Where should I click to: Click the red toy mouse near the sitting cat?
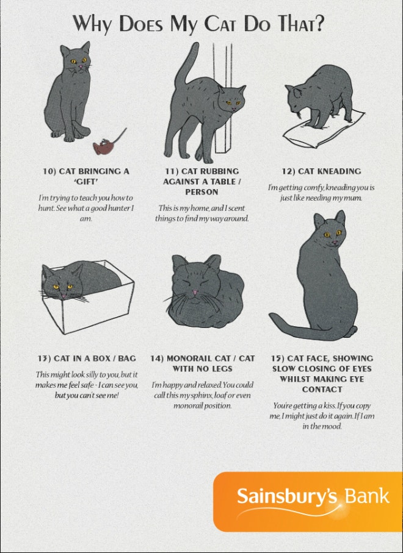[103, 146]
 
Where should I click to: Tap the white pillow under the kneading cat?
[324, 129]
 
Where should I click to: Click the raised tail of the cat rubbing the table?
[186, 64]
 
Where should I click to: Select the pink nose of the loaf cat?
[195, 293]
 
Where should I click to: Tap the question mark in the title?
[319, 23]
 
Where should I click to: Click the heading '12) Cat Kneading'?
[321, 171]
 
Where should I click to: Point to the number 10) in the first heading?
[49, 171]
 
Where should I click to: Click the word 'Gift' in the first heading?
[86, 182]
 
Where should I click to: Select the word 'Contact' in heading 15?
[322, 390]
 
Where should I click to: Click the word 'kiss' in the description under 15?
[330, 406]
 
